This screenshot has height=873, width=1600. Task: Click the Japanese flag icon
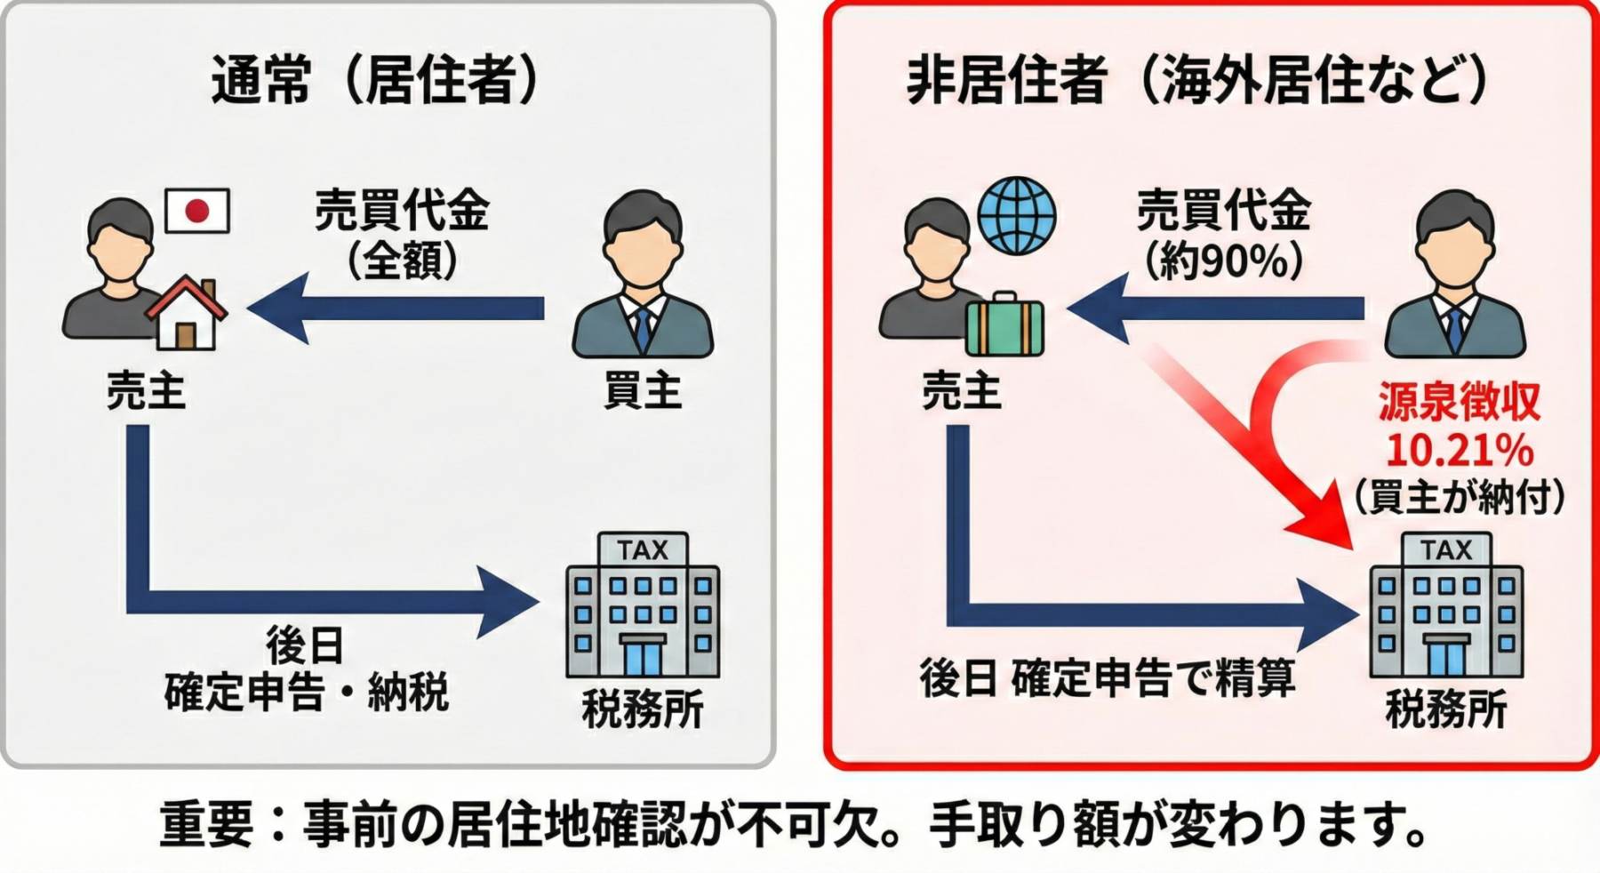point(197,211)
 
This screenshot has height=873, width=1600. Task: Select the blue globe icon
point(1016,216)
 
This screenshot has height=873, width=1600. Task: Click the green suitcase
point(1004,325)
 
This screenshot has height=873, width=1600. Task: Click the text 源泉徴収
point(1459,402)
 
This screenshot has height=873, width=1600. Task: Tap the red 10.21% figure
point(1459,451)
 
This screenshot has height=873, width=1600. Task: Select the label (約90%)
point(1224,261)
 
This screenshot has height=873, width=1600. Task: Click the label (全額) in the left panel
point(402,261)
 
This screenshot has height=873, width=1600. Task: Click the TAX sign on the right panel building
point(1446,550)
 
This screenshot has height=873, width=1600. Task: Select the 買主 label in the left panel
point(642,391)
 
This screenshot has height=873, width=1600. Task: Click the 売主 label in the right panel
point(961,391)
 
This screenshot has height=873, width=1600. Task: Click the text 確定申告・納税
point(307,693)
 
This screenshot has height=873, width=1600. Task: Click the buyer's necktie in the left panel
point(642,329)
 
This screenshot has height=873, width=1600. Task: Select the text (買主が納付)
point(1459,497)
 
